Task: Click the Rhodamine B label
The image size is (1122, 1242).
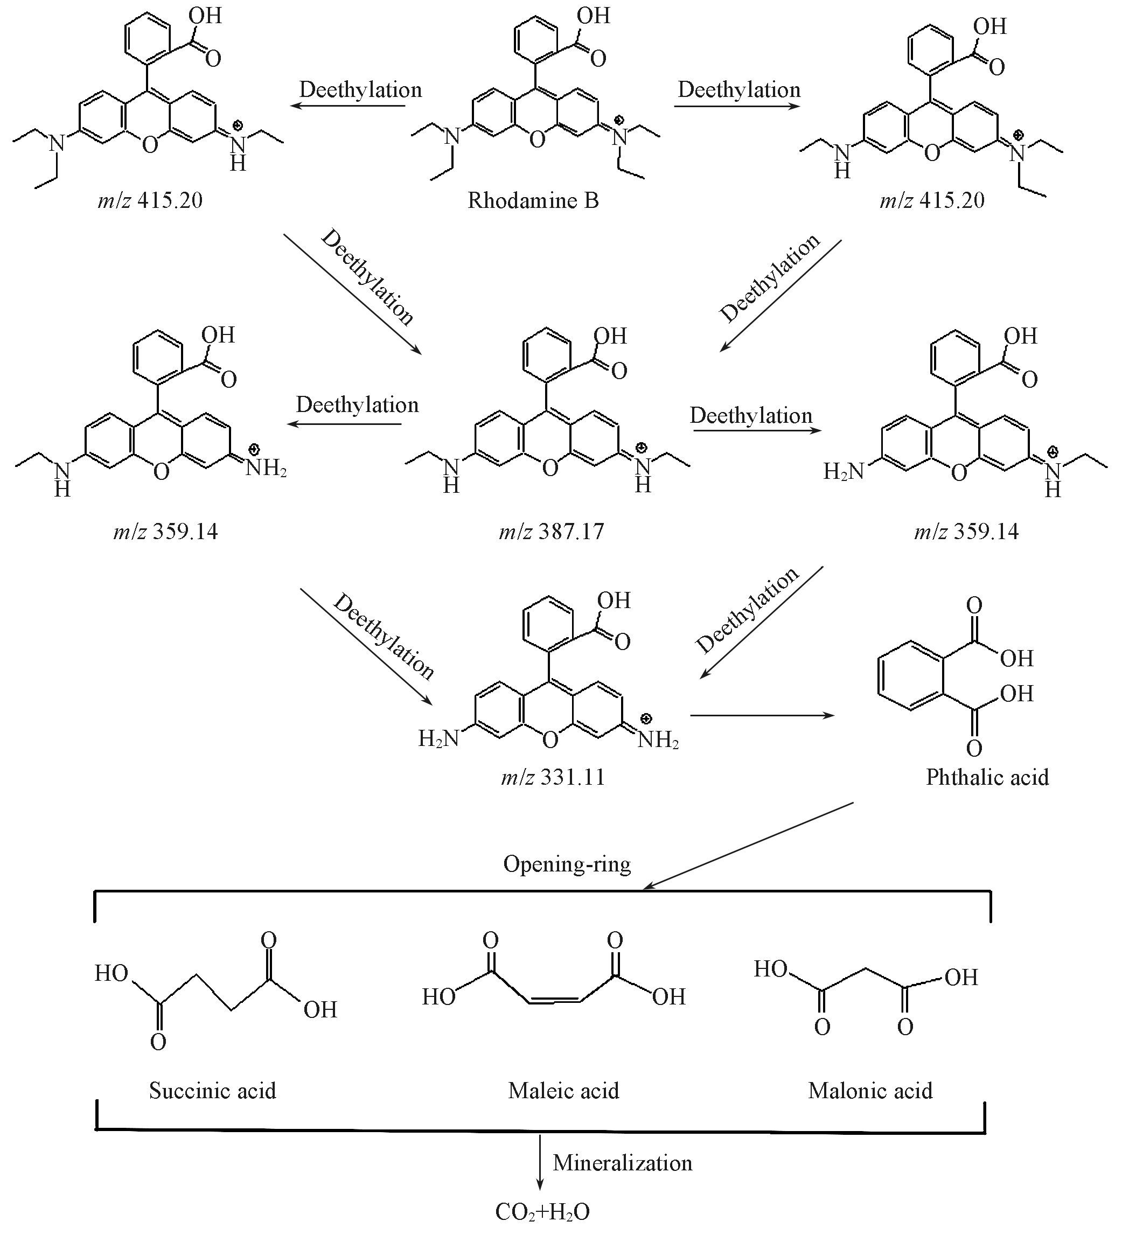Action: [x=533, y=200]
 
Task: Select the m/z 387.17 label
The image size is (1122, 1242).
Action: [x=552, y=531]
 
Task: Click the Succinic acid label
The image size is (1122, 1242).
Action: [x=213, y=1091]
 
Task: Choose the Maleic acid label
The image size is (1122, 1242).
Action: [x=563, y=1091]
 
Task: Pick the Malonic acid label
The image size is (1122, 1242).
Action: [x=870, y=1091]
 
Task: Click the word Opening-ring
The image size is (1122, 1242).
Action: [x=567, y=864]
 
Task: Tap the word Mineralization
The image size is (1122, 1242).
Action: [x=622, y=1162]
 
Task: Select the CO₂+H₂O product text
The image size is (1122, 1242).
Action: [x=542, y=1212]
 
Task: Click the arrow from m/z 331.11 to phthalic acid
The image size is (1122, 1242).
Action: [x=762, y=715]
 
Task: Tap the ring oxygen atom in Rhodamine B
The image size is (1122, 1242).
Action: [x=537, y=140]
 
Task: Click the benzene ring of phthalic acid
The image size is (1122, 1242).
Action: [x=909, y=676]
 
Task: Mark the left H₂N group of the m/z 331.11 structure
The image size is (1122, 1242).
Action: [x=438, y=737]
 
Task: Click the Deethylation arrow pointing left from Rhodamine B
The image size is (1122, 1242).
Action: [x=348, y=106]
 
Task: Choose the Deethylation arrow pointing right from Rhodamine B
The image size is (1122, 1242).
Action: [x=737, y=106]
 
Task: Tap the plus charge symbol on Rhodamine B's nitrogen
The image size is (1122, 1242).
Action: [x=620, y=120]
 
